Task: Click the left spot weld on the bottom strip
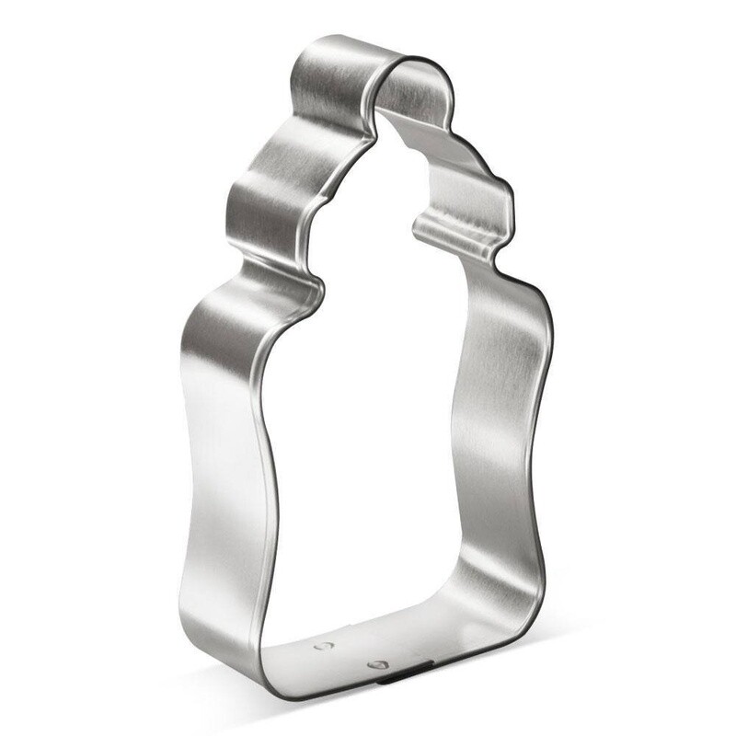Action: pyautogui.click(x=321, y=647)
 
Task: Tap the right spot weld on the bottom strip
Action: pyautogui.click(x=374, y=663)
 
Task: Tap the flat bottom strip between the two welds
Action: pyautogui.click(x=348, y=655)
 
